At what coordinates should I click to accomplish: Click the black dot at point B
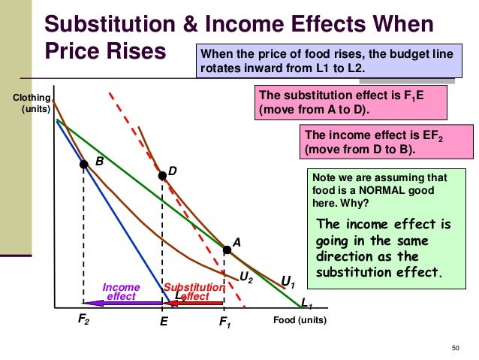coord(84,165)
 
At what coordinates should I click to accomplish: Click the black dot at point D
coord(161,176)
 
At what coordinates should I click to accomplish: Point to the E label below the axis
coord(163,320)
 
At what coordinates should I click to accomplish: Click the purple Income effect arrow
coord(127,303)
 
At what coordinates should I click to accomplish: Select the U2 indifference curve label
coord(245,277)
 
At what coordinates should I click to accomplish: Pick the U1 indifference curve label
coord(287,282)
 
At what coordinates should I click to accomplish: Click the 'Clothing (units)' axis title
coord(32,104)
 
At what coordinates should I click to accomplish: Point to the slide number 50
coord(454,346)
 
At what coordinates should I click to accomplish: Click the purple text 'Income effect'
coord(121,292)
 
